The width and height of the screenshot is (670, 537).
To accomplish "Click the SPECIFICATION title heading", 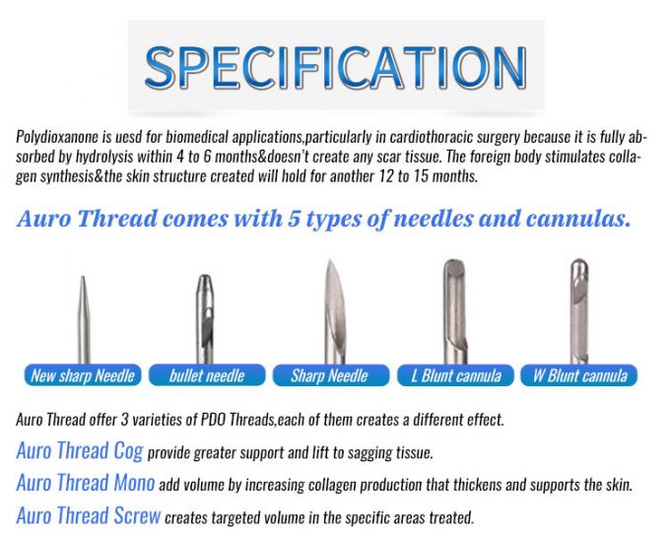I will (335, 65).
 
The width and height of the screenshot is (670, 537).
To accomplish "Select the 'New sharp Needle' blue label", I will (83, 375).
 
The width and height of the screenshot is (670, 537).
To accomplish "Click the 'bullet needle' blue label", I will (206, 375).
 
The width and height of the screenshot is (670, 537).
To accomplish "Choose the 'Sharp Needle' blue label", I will (329, 375).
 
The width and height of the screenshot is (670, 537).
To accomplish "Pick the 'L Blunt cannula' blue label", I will (455, 375).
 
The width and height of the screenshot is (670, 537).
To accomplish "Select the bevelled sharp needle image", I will (331, 305).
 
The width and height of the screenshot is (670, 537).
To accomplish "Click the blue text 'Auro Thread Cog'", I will (79, 452).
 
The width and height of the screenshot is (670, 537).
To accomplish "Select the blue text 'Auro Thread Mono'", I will (85, 484).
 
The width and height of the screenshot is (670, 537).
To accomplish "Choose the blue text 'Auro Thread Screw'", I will (89, 515).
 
